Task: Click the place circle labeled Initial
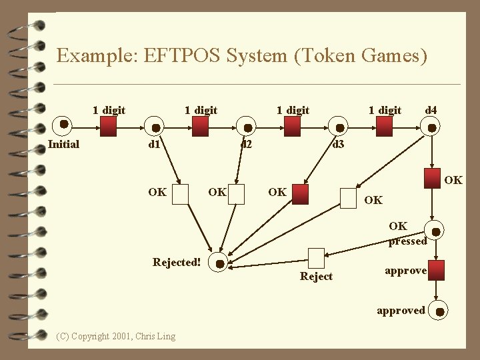coord(63,124)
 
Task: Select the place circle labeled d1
coord(155,127)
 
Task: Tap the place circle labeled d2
coord(247,127)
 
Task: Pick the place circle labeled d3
coord(339,127)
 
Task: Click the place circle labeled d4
coord(431,127)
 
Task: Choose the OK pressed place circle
coord(436,232)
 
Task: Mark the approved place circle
coord(438,310)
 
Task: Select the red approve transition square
coord(436,270)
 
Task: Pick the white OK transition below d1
coord(181,193)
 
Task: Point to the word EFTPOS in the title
coord(180,55)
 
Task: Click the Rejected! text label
coord(177,263)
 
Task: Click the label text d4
coord(431,109)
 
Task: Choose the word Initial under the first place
coord(64,144)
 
